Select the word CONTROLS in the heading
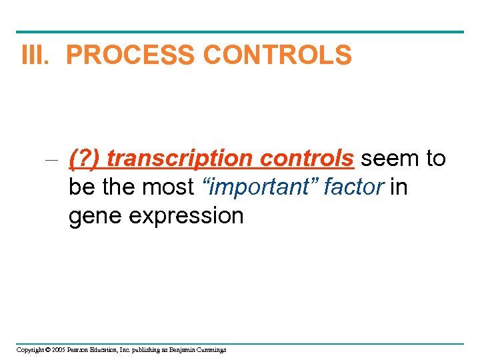(x=277, y=55)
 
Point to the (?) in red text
(x=84, y=159)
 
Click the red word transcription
(x=180, y=159)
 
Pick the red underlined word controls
(x=307, y=159)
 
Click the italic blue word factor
(x=353, y=187)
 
